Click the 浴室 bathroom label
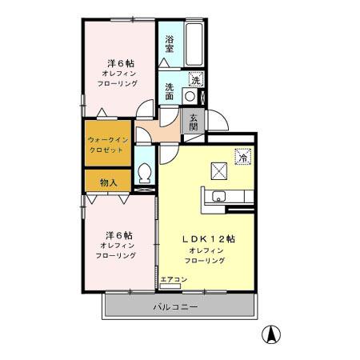click(x=170, y=43)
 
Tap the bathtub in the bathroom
click(x=193, y=46)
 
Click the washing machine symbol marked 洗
click(x=195, y=78)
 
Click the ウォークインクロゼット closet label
click(x=107, y=145)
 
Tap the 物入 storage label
click(x=108, y=182)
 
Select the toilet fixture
click(x=145, y=173)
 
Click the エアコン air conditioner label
click(x=173, y=279)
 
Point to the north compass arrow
click(x=272, y=336)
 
